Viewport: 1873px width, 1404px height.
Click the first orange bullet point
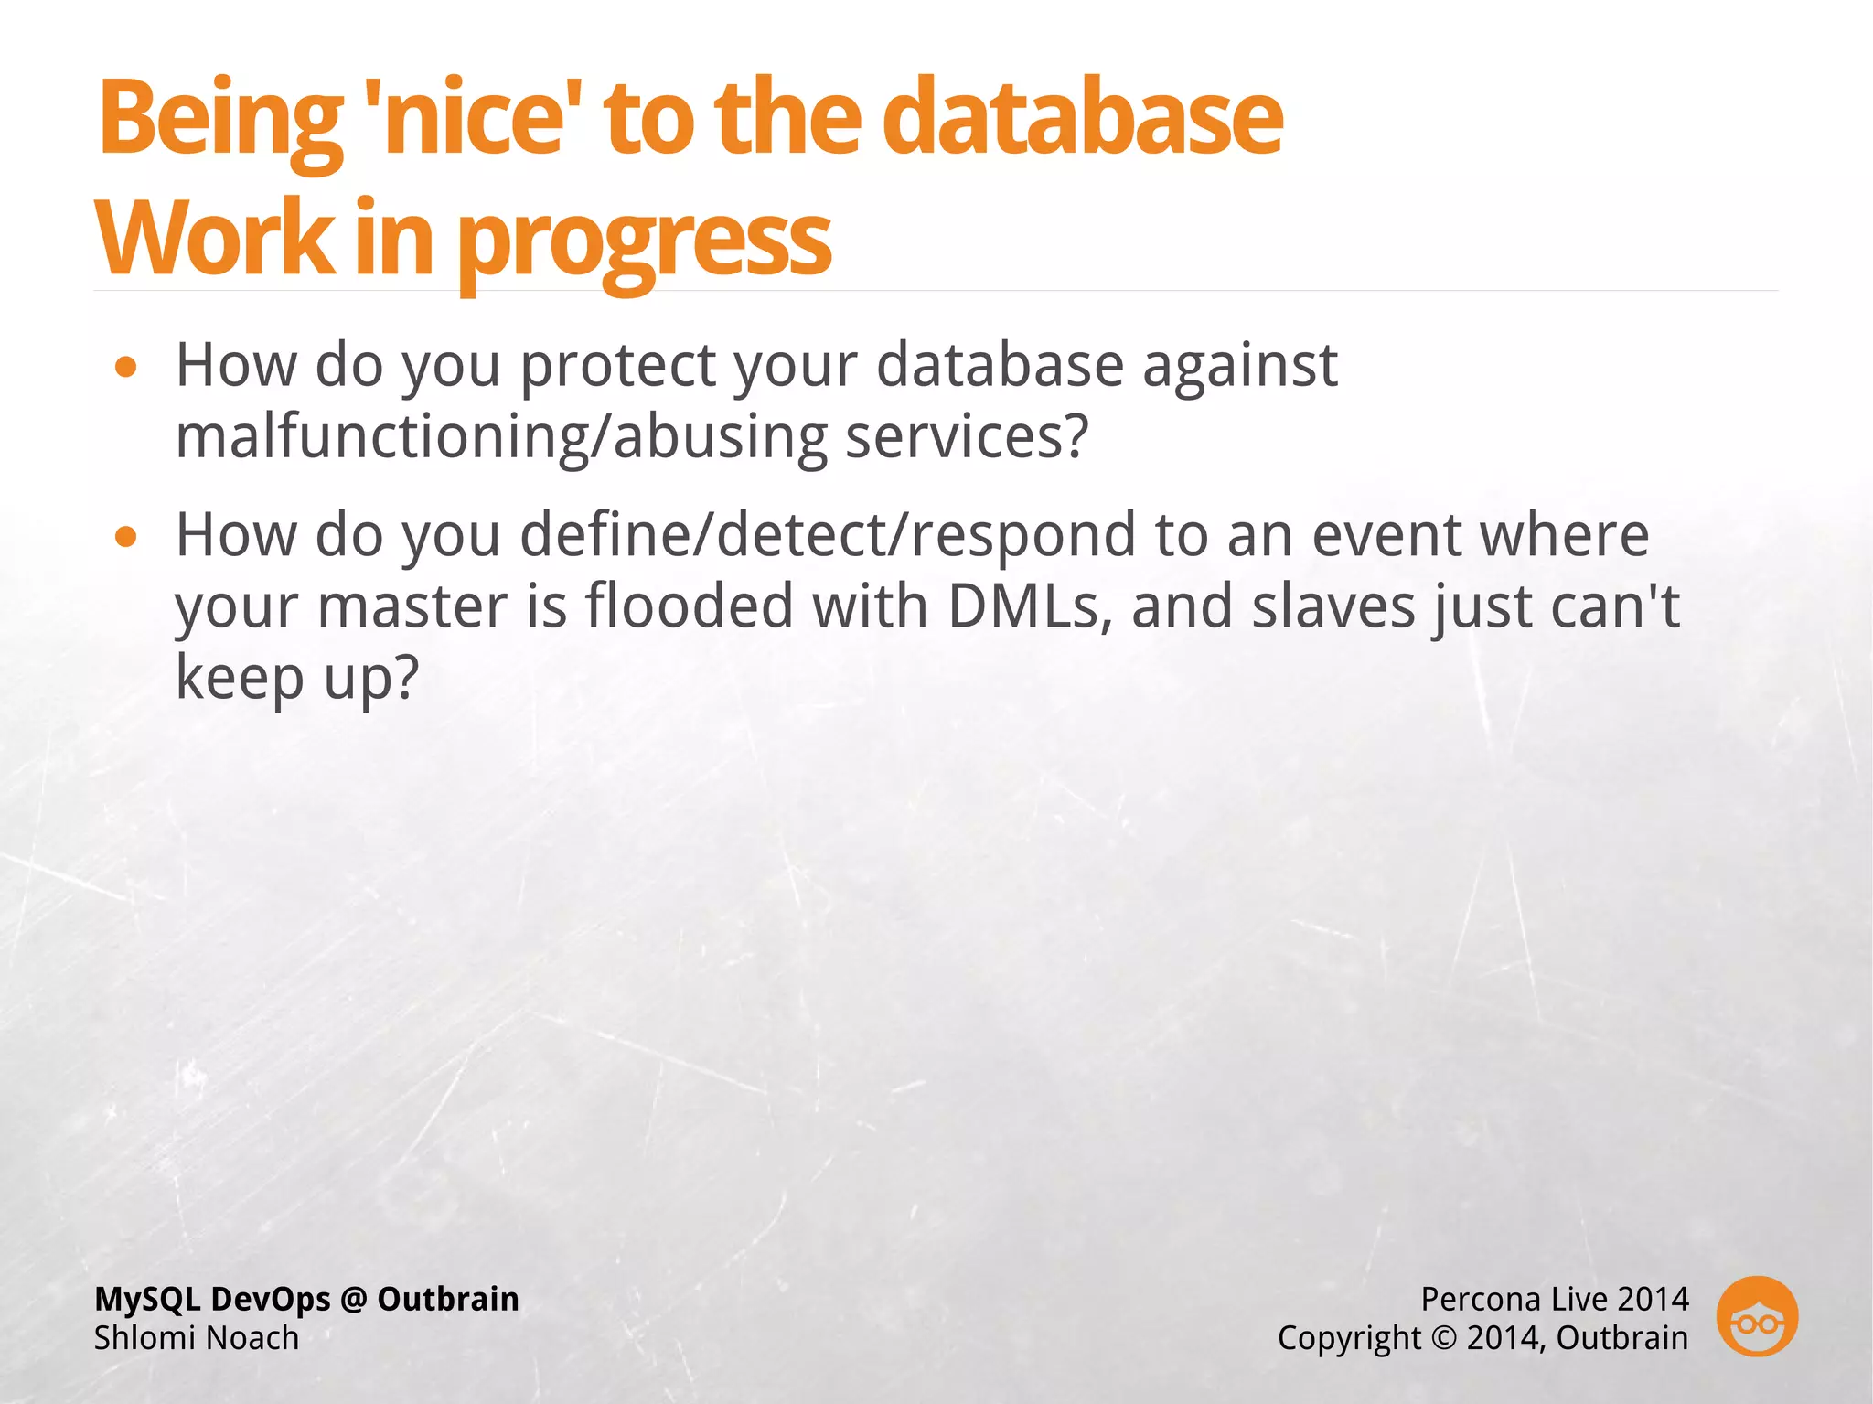126,368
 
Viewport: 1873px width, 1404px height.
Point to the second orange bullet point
126,538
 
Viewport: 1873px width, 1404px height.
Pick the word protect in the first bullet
618,366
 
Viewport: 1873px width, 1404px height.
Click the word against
1240,366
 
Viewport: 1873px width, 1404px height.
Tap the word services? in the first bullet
967,436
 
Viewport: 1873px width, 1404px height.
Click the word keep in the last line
240,678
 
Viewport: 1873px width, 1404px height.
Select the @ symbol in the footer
353,1300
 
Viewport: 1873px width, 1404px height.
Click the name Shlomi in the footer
138,1338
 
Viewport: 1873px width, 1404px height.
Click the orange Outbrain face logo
1757,1317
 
